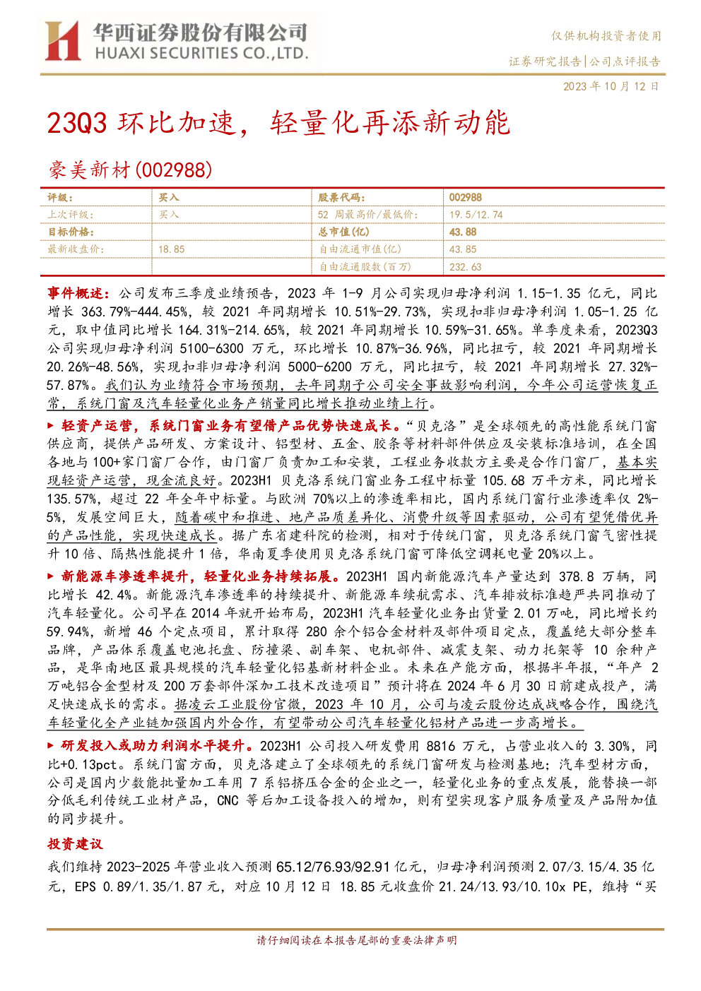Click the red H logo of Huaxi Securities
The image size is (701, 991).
click(63, 40)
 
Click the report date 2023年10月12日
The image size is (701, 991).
click(611, 86)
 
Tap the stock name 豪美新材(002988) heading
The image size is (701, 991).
click(130, 170)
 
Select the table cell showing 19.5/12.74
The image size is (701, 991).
click(476, 215)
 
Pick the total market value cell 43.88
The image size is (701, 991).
click(462, 232)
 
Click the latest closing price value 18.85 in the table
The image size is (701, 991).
click(171, 249)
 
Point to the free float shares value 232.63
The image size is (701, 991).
click(465, 267)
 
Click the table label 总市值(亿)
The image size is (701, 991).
click(343, 232)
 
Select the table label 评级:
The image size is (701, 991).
click(60, 197)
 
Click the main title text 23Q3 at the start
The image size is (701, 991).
click(77, 123)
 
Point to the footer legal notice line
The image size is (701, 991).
click(356, 939)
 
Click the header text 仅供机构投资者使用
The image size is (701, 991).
click(606, 36)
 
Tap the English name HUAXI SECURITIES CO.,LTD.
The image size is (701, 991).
click(201, 54)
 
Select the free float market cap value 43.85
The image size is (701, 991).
click(462, 249)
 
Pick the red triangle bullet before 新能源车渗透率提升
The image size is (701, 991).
click(51, 576)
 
